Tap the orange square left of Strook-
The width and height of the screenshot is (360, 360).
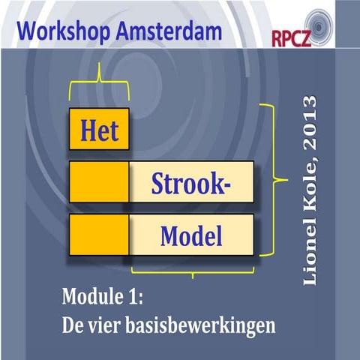pos(98,181)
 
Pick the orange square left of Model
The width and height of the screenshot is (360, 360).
pos(98,235)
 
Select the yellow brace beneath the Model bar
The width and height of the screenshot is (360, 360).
pos(192,271)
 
